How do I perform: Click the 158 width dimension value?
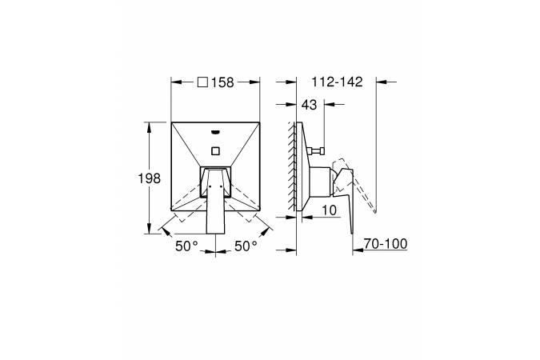pyautogui.click(x=222, y=82)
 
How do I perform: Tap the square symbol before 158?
pyautogui.click(x=202, y=82)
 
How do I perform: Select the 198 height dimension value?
pyautogui.click(x=149, y=178)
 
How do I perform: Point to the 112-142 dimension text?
pyautogui.click(x=337, y=82)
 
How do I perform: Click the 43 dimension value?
pyautogui.click(x=309, y=104)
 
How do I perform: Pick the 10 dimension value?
pyautogui.click(x=330, y=210)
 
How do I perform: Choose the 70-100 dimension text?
pyautogui.click(x=386, y=244)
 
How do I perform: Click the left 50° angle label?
pyautogui.click(x=187, y=246)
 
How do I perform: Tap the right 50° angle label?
pyautogui.click(x=246, y=246)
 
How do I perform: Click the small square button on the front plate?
pyautogui.click(x=215, y=150)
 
